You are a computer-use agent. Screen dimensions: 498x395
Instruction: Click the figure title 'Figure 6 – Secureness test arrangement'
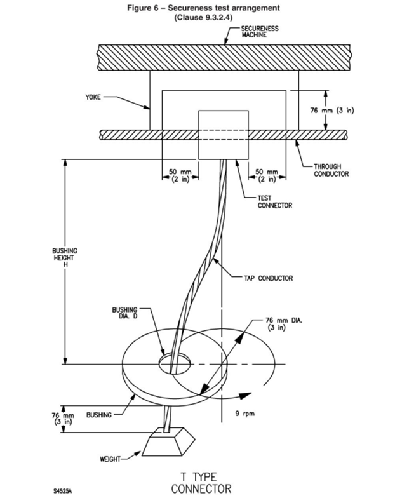[x=198, y=7]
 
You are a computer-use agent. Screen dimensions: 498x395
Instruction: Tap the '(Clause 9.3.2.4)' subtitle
[x=197, y=17]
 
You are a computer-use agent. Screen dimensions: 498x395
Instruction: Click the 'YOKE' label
[x=93, y=98]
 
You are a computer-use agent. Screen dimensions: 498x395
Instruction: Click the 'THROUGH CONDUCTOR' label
[x=331, y=170]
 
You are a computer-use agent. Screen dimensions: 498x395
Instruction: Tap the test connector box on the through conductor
[x=223, y=135]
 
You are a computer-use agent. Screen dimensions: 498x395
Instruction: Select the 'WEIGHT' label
[x=112, y=456]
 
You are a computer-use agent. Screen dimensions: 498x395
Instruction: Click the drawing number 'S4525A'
[x=54, y=490]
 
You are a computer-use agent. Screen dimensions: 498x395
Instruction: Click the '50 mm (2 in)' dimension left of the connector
[x=180, y=175]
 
